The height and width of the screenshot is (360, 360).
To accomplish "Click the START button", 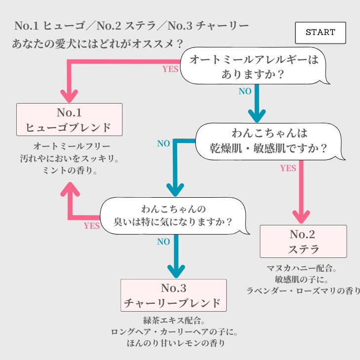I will [x=320, y=33].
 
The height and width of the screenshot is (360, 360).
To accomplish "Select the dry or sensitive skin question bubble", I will [x=269, y=141].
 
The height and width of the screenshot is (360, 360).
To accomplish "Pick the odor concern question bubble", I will [x=174, y=215].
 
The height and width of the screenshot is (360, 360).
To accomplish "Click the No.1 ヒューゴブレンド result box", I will [x=69, y=119].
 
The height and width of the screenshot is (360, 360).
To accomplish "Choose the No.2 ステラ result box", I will [x=303, y=241].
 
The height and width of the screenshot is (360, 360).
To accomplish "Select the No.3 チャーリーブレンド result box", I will [x=173, y=295].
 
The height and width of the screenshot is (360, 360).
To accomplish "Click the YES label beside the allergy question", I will [x=170, y=69].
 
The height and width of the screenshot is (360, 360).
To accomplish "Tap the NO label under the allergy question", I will [x=245, y=92].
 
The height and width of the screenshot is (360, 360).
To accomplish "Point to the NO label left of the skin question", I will [x=164, y=144].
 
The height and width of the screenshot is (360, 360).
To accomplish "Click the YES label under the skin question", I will [x=288, y=168].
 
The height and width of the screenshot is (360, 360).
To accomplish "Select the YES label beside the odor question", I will [x=92, y=226].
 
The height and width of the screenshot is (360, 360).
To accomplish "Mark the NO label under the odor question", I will [x=164, y=242].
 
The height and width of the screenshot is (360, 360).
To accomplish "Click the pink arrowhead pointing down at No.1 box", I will [x=69, y=95].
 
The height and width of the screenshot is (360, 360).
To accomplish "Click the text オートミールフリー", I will [x=72, y=146].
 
